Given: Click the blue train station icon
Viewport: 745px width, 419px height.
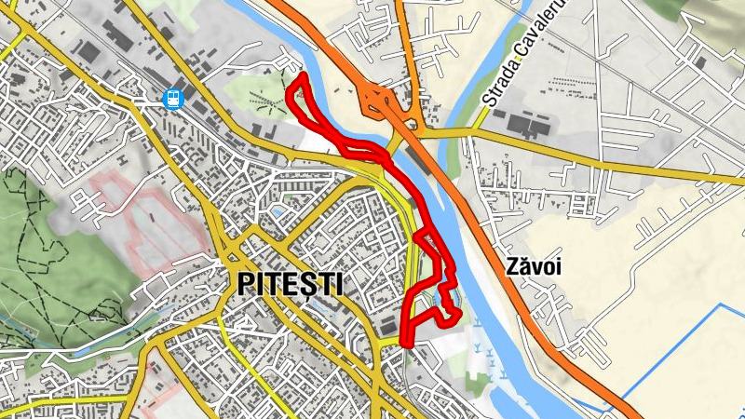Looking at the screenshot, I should (x=171, y=97).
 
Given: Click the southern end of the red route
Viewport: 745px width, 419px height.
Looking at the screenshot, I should (x=405, y=343).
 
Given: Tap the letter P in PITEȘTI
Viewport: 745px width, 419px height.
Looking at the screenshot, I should (x=247, y=283).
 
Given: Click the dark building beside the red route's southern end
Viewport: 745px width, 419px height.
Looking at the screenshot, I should (x=386, y=325).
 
